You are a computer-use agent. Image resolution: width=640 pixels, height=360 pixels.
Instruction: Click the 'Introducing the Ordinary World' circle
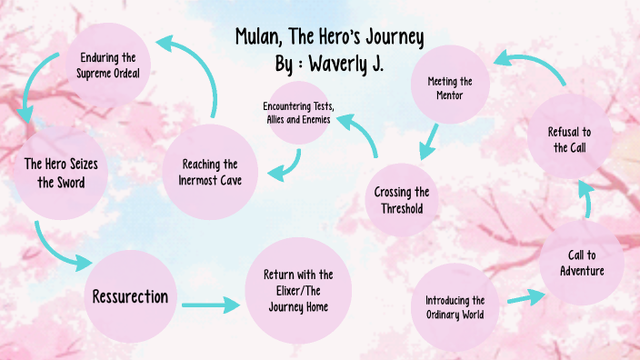tap(455, 307)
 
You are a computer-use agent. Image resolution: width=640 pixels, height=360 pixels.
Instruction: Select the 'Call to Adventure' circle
tap(582, 263)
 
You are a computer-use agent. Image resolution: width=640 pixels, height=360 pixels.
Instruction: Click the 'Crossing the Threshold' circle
tap(401, 199)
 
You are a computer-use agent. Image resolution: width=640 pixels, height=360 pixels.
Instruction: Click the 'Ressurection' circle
tap(130, 296)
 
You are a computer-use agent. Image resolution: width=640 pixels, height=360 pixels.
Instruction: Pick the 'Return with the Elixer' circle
tap(298, 290)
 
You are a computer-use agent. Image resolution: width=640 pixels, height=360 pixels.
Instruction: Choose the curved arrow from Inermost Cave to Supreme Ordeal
tap(195, 68)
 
